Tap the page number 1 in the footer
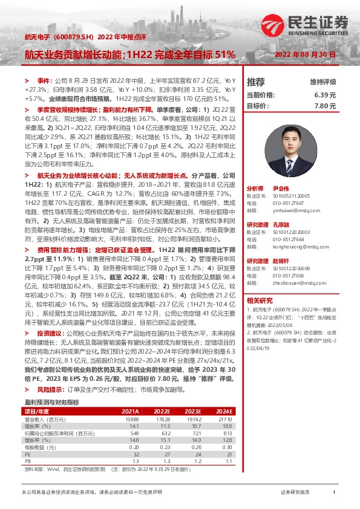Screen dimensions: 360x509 coord(335,493)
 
